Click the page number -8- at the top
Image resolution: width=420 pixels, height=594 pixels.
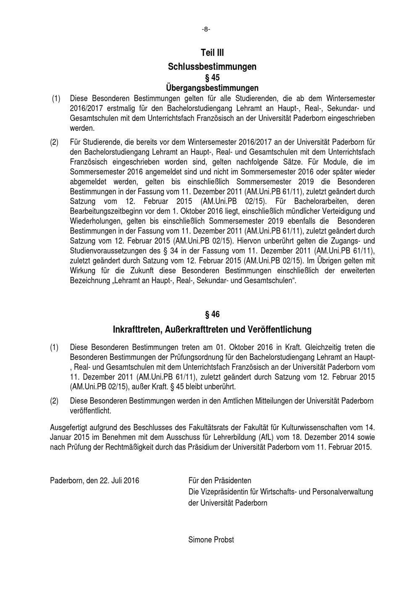click(x=206, y=29)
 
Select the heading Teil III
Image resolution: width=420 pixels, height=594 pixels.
click(x=212, y=53)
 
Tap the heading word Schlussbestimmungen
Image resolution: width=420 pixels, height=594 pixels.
click(x=212, y=66)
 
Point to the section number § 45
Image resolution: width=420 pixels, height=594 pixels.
click(x=212, y=78)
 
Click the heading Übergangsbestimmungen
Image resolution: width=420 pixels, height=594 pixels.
click(x=212, y=88)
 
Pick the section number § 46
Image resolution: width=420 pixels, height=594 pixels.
click(x=212, y=314)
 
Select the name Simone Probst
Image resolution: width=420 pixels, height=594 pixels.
click(x=211, y=540)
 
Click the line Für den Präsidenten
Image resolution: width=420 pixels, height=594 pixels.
click(x=220, y=481)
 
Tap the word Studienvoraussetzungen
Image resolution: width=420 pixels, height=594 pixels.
click(x=109, y=251)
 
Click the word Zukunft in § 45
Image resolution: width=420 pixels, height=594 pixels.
click(x=133, y=271)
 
